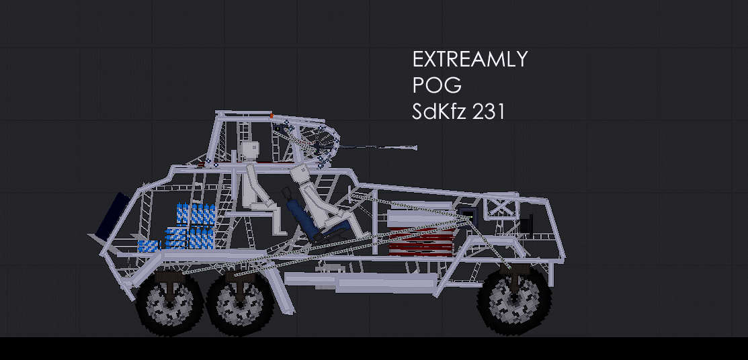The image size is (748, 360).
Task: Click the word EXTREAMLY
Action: [470, 59]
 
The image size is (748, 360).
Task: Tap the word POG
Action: [437, 85]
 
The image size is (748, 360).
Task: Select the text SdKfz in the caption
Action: [438, 111]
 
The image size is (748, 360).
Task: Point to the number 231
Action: [488, 111]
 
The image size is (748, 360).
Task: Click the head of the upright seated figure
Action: [249, 152]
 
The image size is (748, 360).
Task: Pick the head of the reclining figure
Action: [301, 173]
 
